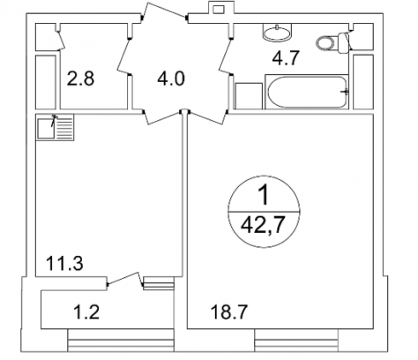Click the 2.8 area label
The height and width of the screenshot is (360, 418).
coord(80,78)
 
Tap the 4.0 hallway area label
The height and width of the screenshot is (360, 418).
coord(171,78)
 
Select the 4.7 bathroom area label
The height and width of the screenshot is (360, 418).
coord(286,58)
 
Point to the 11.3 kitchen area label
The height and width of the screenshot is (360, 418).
coord(65,264)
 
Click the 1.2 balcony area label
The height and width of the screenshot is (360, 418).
coord(86,311)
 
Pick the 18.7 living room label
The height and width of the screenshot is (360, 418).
coord(229,312)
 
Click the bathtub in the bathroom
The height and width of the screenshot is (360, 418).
coord(307,92)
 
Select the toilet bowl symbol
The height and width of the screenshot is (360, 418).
coord(325,44)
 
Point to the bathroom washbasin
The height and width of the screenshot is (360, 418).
coord(277,32)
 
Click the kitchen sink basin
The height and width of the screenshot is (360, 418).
coord(46,129)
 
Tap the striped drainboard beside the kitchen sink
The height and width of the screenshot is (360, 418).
coord(65,127)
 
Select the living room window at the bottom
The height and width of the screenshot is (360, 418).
coord(297,340)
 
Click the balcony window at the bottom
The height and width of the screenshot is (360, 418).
coord(121,340)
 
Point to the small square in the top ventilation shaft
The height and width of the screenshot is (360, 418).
coord(218,9)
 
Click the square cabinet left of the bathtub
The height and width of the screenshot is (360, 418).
coord(248,96)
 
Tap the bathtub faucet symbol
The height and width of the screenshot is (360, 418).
coord(345,91)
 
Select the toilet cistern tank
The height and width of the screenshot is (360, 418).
coord(344,43)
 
